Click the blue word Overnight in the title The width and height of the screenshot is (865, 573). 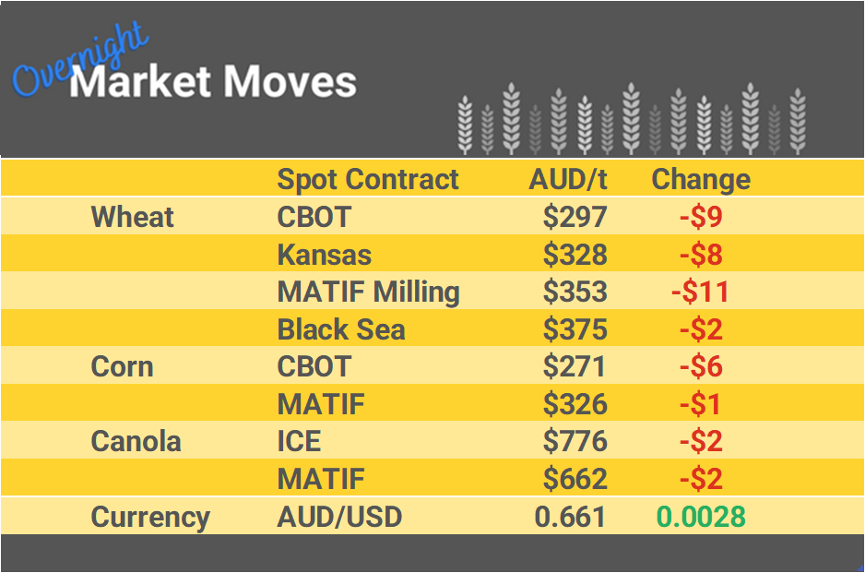pos(78,61)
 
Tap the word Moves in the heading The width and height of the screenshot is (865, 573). pos(290,82)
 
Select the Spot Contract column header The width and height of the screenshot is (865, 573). pos(367,179)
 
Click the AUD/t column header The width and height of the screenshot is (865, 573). pos(568,179)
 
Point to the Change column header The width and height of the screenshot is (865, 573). pos(700,179)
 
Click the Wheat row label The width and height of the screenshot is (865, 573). pos(132,217)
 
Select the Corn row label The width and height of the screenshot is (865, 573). pos(122,366)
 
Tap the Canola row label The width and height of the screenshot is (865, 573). pos(136,441)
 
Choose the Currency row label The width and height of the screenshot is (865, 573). pos(149,517)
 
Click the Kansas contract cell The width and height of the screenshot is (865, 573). pos(324,254)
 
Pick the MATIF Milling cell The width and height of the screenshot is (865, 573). pos(368,292)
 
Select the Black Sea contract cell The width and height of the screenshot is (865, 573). pos(340,329)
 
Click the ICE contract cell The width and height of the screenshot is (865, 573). pos(299,441)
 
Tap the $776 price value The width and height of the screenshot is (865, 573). pos(575,441)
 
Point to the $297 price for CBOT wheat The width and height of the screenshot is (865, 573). pos(575,217)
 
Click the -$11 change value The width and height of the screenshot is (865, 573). pos(700,292)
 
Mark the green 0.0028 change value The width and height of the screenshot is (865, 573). pos(700,517)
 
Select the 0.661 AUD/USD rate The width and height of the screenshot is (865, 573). pos(570,517)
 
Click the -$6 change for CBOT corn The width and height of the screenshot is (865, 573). pos(700,366)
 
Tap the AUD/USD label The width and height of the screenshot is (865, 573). pos(339,517)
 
